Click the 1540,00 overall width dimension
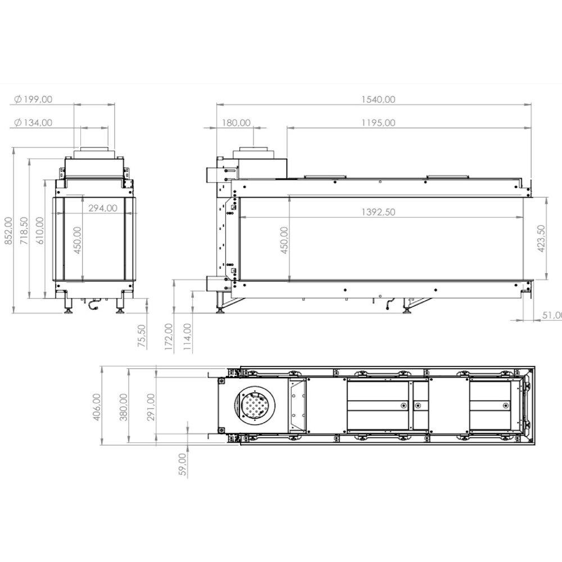[x=378, y=99]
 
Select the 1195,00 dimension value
[x=378, y=123]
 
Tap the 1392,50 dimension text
[x=378, y=212]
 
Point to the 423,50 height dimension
[x=541, y=238]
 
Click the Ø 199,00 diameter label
[x=33, y=99]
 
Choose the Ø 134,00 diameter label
[x=33, y=123]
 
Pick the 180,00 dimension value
[x=236, y=123]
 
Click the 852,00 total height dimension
[x=8, y=231]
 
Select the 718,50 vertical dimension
[x=24, y=231]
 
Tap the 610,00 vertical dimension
[x=40, y=231]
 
